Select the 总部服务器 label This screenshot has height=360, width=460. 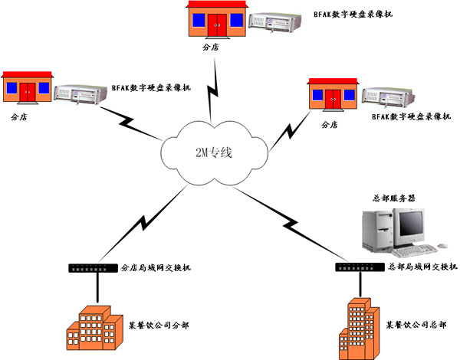(x=390, y=198)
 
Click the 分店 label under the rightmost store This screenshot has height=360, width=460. (x=330, y=124)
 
